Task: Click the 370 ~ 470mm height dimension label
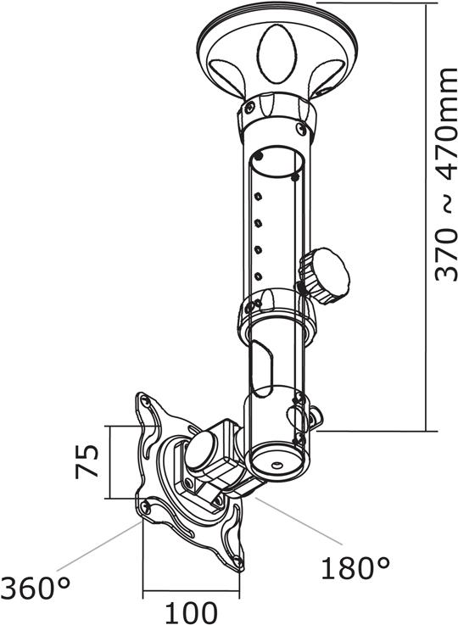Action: coord(446,175)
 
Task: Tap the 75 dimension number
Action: coord(87,461)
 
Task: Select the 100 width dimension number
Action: coord(192,612)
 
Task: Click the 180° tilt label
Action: coord(355,568)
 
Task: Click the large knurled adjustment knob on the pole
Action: coord(324,276)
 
